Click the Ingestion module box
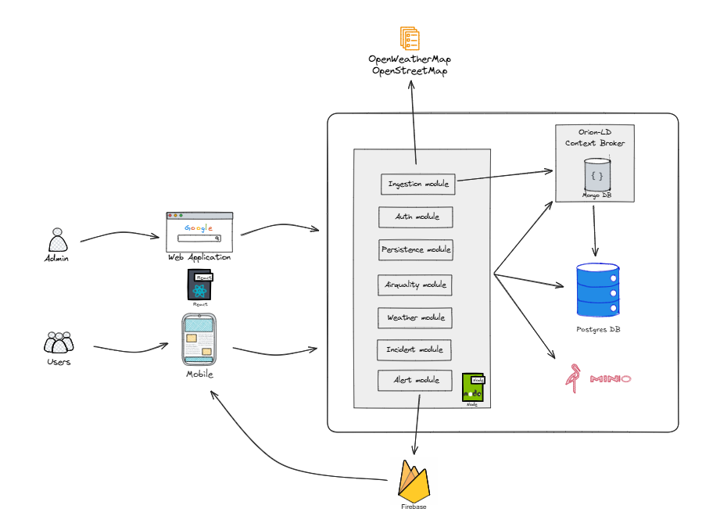(417, 184)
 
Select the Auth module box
(416, 217)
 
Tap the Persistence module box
(416, 249)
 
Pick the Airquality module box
(416, 285)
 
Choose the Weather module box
(416, 317)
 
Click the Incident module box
(414, 349)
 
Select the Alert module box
(416, 380)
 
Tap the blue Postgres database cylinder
(597, 289)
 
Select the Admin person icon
(56, 239)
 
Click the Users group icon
(59, 342)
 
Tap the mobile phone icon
(199, 339)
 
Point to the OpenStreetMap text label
(410, 71)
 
